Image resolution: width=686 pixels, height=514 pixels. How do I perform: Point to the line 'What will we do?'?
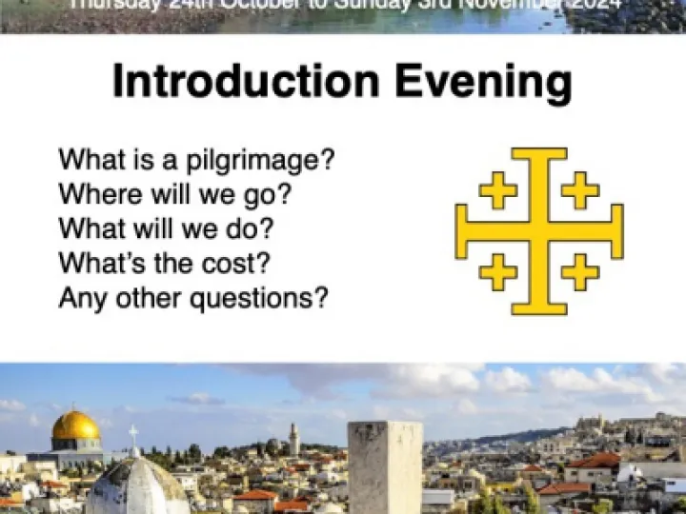[166, 228]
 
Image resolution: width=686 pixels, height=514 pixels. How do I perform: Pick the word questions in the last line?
[260, 298]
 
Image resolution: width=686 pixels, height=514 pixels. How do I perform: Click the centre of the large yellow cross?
[539, 231]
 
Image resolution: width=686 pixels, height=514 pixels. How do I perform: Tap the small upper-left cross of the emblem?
[497, 190]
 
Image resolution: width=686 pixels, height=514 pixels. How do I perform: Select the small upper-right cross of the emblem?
[580, 190]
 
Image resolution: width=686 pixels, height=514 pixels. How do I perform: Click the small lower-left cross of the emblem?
[497, 272]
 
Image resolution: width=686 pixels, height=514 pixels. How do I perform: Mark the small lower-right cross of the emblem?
[580, 272]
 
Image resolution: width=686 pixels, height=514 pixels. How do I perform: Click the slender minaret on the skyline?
[294, 440]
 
